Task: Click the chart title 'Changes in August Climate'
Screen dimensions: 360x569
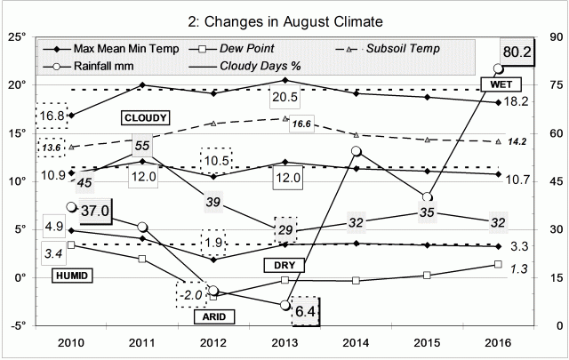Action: click(x=284, y=19)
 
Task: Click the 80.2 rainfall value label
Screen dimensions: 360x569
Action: click(x=517, y=53)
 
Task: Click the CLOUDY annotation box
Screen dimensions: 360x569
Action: click(x=146, y=117)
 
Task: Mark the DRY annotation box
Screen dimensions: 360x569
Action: click(x=280, y=265)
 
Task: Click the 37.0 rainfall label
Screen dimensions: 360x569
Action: click(x=92, y=211)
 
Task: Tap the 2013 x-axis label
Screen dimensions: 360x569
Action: click(x=284, y=344)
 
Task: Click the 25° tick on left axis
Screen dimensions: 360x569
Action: click(x=17, y=37)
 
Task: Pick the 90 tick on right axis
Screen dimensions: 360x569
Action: click(x=550, y=37)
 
